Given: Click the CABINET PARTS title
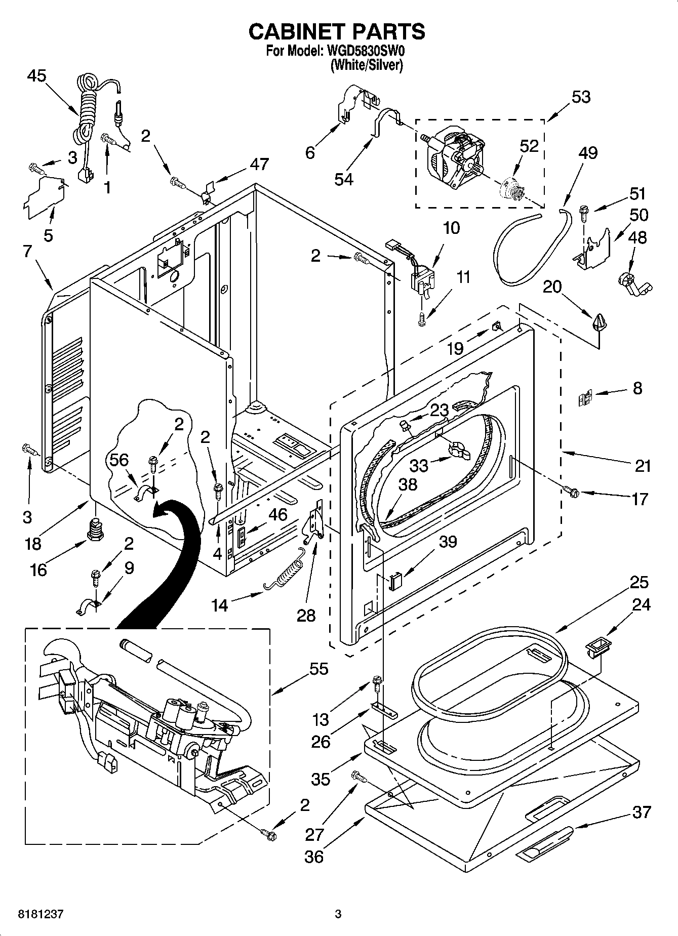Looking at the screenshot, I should coord(337,31).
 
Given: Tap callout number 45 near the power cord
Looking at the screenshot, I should coord(36,76).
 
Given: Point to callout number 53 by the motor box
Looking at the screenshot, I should coord(581,97).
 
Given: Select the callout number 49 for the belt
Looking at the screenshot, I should coord(588,153).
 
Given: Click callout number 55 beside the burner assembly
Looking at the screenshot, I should coord(319,669).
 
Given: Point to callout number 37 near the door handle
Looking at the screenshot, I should coord(641,812).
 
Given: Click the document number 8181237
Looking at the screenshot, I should coord(41,914).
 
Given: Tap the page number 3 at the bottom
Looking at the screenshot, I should coord(338,914).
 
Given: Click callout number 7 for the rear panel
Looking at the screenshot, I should coord(28,251).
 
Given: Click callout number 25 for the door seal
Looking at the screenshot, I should coord(640,582).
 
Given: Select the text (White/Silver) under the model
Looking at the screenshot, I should coord(366,65).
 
